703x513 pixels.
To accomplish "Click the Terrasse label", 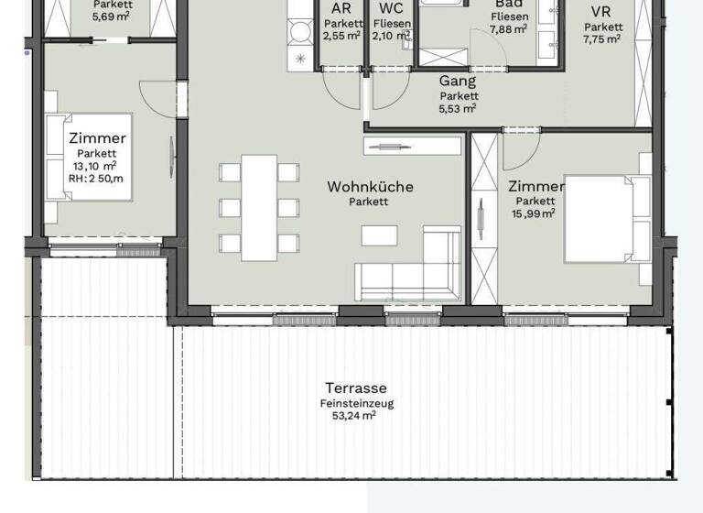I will click(356, 387).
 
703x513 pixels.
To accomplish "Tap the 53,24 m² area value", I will click(354, 415).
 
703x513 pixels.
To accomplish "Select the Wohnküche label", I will click(370, 187).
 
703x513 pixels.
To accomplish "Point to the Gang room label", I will click(458, 81).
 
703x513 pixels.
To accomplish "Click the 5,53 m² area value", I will click(458, 108).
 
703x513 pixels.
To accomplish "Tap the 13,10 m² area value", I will click(95, 166).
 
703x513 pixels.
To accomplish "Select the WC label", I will click(391, 9).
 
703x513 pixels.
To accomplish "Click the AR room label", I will click(341, 9).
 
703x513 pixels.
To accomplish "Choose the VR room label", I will click(601, 12).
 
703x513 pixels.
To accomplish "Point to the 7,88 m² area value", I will click(508, 29).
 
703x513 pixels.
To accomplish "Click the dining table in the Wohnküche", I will click(259, 205).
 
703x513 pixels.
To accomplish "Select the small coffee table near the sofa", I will click(379, 235).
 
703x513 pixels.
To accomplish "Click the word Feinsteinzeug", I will click(358, 402).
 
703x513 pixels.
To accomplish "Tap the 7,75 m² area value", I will click(602, 38).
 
